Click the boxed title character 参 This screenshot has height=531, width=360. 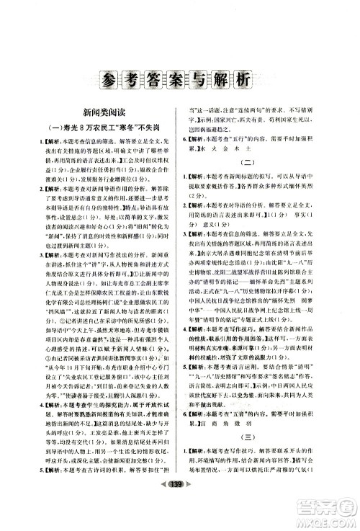click(x=107, y=79)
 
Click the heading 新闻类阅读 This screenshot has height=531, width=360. click(x=101, y=113)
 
